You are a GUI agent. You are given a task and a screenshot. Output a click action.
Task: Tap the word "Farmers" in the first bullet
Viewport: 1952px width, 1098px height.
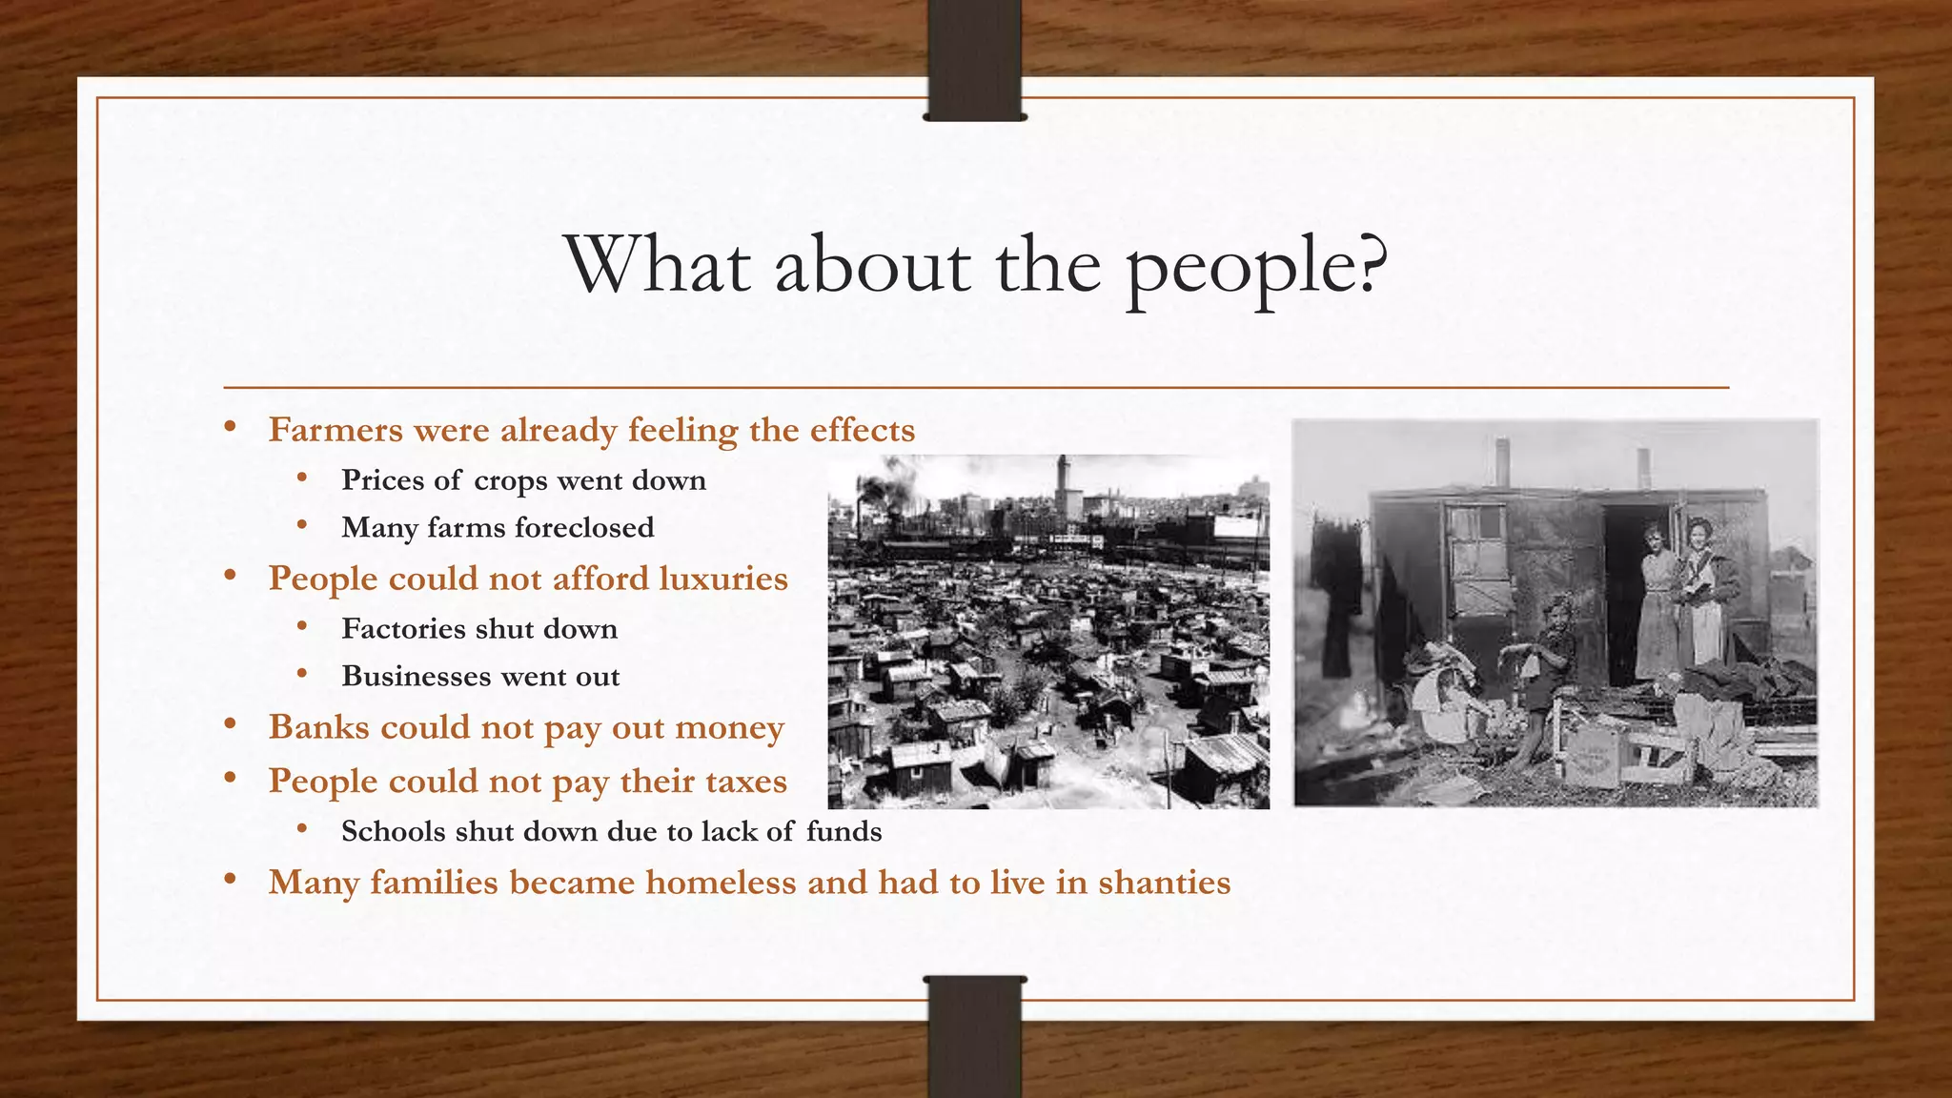(335, 430)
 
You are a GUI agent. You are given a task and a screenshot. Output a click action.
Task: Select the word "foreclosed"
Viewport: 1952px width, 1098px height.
(584, 527)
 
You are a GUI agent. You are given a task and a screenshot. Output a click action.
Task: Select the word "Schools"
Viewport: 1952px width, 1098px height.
(394, 831)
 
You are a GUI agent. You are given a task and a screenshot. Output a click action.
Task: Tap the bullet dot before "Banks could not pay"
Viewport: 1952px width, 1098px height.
(230, 725)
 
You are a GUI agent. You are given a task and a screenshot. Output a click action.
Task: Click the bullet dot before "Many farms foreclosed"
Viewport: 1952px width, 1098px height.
(302, 525)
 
